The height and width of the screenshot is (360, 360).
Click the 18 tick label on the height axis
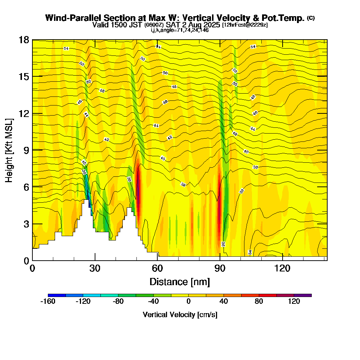23,40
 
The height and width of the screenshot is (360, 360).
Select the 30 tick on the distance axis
95,260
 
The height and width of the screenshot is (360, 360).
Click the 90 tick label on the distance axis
220,268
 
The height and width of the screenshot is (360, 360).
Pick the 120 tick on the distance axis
282,260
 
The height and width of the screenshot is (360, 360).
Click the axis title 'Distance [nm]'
180,282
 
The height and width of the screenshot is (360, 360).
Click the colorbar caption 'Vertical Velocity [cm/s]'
180,315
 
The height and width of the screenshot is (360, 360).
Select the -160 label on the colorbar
48,302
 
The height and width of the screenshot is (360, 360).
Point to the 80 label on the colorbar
259,302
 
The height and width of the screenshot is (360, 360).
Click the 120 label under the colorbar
294,302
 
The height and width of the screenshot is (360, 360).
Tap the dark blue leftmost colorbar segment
57,295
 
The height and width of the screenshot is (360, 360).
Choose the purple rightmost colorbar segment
302,295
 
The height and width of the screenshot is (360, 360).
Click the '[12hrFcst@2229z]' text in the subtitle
245,25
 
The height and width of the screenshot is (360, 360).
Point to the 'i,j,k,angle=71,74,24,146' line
180,30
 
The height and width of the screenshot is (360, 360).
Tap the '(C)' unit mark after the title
311,18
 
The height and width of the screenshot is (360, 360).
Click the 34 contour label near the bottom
250,252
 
